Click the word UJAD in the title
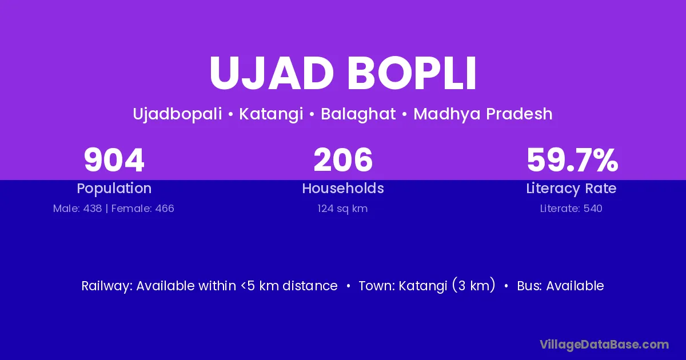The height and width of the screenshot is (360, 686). click(272, 73)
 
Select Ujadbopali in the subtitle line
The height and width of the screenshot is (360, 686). click(177, 114)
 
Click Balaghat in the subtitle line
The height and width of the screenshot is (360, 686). click(358, 114)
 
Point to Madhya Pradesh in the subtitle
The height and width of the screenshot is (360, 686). click(483, 114)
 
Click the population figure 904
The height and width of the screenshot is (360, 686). click(114, 160)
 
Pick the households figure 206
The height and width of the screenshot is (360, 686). click(343, 160)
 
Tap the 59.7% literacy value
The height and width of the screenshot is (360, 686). click(572, 160)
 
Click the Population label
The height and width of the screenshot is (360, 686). click(114, 189)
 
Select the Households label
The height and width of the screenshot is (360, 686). click(343, 188)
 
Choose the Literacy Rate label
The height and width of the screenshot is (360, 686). click(571, 189)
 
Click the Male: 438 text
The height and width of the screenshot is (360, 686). click(78, 209)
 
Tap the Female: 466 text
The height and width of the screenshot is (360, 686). click(143, 209)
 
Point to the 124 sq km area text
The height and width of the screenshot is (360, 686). click(342, 209)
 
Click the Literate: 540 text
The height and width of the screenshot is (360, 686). click(571, 209)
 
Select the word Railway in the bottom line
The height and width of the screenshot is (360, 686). click(107, 286)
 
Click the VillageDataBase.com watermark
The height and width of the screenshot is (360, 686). click(604, 345)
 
